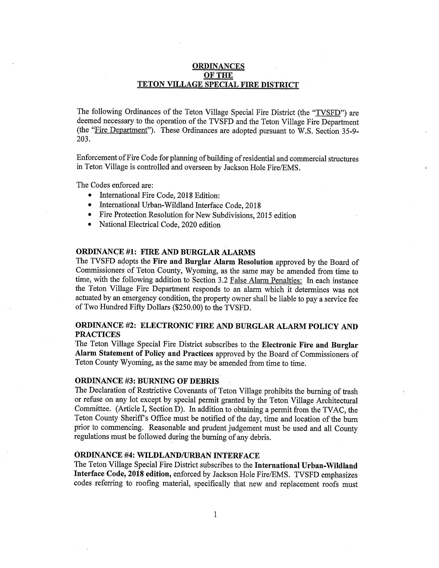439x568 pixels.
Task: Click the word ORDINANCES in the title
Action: [x=218, y=66]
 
